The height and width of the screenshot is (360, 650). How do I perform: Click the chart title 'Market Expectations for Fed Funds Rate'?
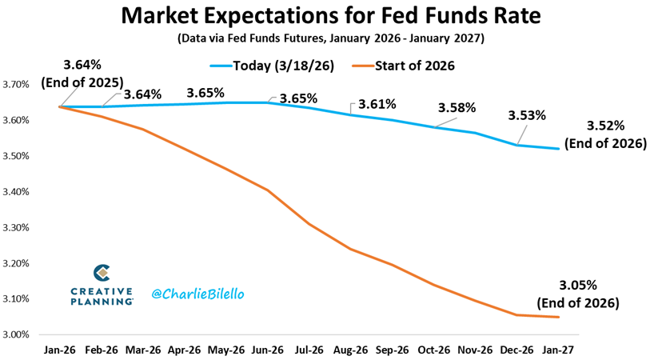(x=331, y=15)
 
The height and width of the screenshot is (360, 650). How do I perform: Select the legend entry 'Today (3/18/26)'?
(x=272, y=66)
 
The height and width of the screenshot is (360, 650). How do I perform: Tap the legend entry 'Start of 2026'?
(x=403, y=66)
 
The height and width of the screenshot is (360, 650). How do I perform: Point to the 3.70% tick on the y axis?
(x=16, y=85)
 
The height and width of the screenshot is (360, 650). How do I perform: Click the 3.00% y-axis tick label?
(x=16, y=334)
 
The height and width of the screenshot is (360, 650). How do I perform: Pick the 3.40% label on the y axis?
(x=16, y=192)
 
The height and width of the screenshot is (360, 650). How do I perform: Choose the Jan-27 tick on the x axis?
(x=559, y=350)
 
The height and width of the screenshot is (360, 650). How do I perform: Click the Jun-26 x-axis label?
(x=268, y=350)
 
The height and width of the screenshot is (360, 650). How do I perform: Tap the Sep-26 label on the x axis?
(x=393, y=350)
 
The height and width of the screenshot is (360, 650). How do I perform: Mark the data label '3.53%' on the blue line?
(x=527, y=115)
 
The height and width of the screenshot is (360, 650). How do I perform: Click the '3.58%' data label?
(x=457, y=108)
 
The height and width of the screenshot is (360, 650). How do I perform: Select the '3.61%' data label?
(x=377, y=104)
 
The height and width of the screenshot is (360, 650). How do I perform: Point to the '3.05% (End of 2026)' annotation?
(x=578, y=294)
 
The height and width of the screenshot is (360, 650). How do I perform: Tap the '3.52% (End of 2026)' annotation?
(x=606, y=134)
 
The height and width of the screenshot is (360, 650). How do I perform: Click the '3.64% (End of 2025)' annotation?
(x=82, y=74)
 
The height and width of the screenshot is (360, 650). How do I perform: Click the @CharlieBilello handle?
(x=197, y=294)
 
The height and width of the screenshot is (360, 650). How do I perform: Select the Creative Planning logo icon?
(x=102, y=274)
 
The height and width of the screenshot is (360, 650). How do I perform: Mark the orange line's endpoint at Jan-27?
(x=559, y=318)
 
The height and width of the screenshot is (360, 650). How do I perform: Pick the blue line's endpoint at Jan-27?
(x=559, y=149)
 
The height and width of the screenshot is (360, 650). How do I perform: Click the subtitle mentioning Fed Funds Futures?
(x=331, y=38)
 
